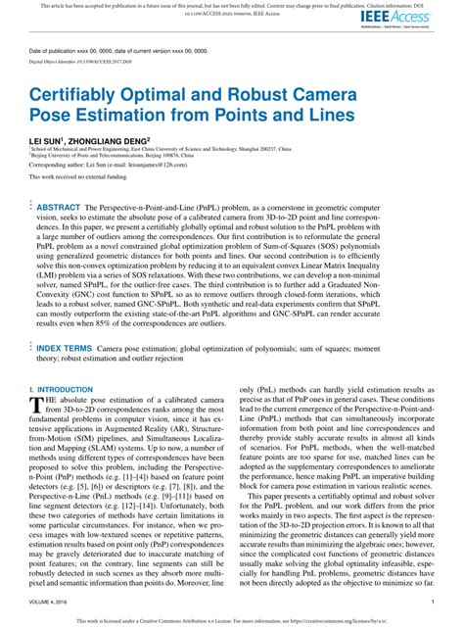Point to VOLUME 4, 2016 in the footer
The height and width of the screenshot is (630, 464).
pyautogui.click(x=50, y=603)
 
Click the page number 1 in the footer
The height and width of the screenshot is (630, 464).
pyautogui.click(x=432, y=603)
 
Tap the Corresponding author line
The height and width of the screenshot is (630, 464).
pyautogui.click(x=108, y=167)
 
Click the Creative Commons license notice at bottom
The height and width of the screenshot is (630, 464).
pyautogui.click(x=231, y=620)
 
